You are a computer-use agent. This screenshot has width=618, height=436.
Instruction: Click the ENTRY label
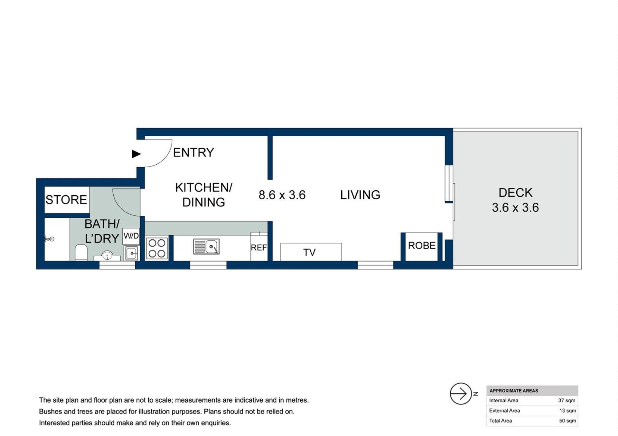point(193,152)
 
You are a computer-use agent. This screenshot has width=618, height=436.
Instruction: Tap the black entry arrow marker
point(136,154)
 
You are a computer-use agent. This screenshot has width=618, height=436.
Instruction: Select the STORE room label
point(66,200)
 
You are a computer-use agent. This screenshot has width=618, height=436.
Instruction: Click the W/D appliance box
point(131,236)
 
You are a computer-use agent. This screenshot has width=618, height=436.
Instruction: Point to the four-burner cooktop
point(157,248)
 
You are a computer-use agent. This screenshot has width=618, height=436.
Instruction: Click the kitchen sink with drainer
point(206,247)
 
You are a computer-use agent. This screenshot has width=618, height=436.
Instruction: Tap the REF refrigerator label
point(259,248)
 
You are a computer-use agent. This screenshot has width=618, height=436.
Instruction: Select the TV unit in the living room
point(311,252)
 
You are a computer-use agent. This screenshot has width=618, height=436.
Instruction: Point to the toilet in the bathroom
point(81,252)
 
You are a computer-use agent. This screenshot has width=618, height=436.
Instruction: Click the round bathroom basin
point(107,256)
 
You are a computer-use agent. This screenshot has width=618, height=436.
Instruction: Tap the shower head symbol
point(49,239)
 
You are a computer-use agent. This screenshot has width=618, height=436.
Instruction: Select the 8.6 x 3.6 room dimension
point(282,195)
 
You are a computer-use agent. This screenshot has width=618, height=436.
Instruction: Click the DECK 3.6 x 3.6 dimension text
point(515,208)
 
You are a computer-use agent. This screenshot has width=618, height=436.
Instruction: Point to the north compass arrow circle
point(461,394)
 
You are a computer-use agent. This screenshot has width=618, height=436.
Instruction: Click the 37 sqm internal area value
point(566,401)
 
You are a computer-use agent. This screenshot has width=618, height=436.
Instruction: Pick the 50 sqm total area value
point(567,421)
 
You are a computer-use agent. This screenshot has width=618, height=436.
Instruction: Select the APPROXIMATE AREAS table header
point(514,391)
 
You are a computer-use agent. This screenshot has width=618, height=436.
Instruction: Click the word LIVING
point(360,195)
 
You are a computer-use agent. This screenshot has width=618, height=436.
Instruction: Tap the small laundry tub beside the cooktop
point(132,253)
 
